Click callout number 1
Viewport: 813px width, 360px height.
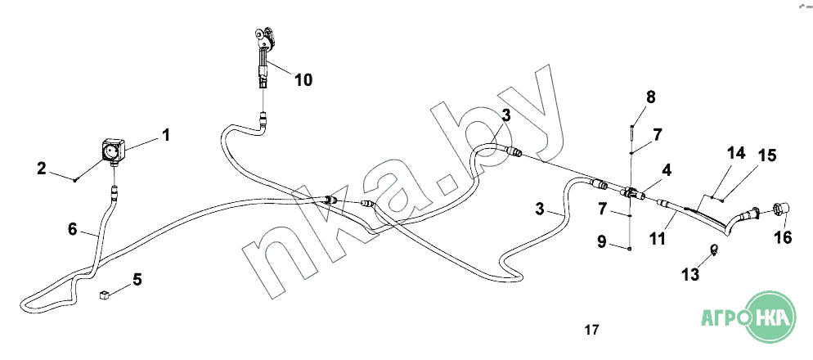[x=166, y=133]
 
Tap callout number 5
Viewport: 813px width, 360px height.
[x=137, y=280]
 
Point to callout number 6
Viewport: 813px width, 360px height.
[x=72, y=231]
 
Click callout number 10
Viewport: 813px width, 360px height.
[x=303, y=80]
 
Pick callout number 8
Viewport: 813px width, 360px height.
[x=650, y=97]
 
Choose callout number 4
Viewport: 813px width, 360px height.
[x=667, y=171]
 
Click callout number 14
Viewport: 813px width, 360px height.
[x=737, y=153]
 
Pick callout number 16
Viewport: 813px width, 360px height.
[x=784, y=237]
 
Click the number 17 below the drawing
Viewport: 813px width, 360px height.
[x=592, y=331]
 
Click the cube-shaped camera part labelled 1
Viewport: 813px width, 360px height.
[x=112, y=151]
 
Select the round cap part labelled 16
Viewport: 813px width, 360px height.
[x=779, y=210]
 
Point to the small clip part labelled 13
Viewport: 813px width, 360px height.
[x=713, y=250]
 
